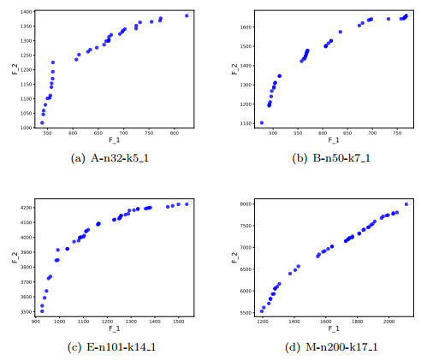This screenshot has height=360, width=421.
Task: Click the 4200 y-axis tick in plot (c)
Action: click(25, 208)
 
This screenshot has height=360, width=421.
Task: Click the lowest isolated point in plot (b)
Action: click(262, 123)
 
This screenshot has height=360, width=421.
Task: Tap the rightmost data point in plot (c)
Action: click(188, 204)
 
